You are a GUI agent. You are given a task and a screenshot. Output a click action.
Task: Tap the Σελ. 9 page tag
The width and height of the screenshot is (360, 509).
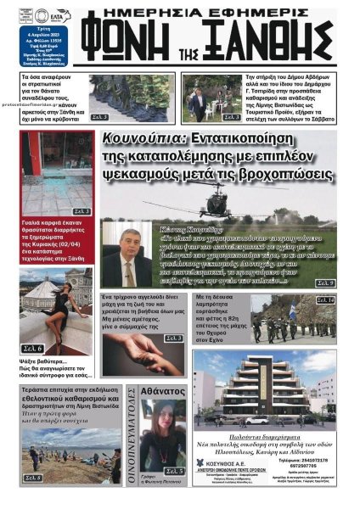(x=325, y=282)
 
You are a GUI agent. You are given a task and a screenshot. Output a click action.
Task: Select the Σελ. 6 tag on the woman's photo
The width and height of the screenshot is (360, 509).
(x=31, y=348)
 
